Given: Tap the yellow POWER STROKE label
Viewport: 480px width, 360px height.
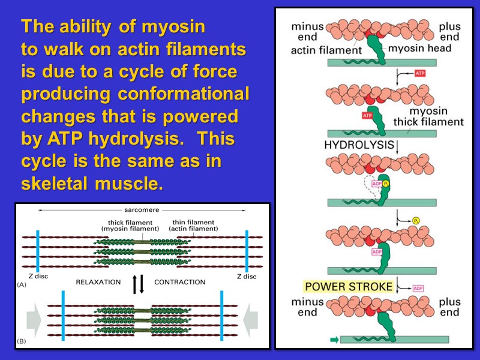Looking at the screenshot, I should [348, 286].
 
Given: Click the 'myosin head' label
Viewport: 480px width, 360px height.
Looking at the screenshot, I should [419, 48].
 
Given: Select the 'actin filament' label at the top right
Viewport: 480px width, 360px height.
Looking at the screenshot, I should [326, 50].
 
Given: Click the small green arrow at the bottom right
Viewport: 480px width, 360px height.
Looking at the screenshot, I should [334, 340].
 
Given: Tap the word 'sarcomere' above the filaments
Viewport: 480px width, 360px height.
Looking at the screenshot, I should [141, 210].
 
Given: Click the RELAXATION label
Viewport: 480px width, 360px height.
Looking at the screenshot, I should [98, 281].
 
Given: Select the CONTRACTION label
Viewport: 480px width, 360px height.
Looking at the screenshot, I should [179, 281].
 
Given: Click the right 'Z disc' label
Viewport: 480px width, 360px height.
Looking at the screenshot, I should [246, 277].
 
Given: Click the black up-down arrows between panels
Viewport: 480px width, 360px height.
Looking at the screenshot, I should [138, 284].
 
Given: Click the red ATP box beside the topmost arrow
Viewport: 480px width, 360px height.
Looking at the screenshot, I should [421, 73].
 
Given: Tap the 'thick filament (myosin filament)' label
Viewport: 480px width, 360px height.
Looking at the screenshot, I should [130, 225].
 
